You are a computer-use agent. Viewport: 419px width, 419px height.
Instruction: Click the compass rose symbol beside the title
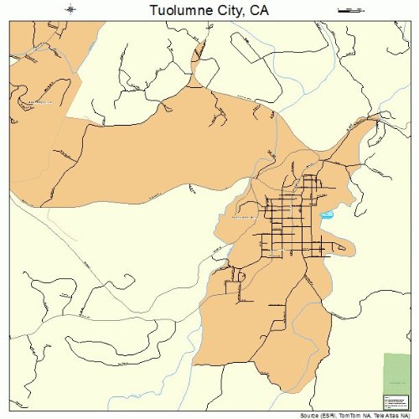[72, 9]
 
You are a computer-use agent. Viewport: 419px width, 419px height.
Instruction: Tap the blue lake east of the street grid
[327, 215]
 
